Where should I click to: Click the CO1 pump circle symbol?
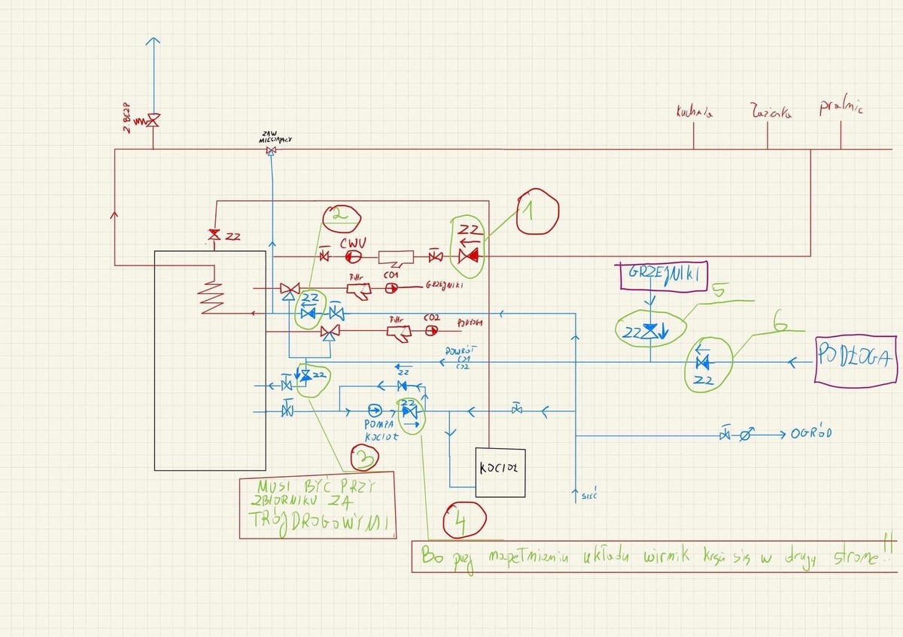pos(391,288)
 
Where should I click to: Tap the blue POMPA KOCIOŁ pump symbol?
pos(374,411)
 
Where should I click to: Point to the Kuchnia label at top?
pos(694,114)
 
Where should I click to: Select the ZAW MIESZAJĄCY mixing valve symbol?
pos(271,152)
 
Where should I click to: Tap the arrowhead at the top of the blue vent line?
pos(153,41)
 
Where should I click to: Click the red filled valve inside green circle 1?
pos(470,256)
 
